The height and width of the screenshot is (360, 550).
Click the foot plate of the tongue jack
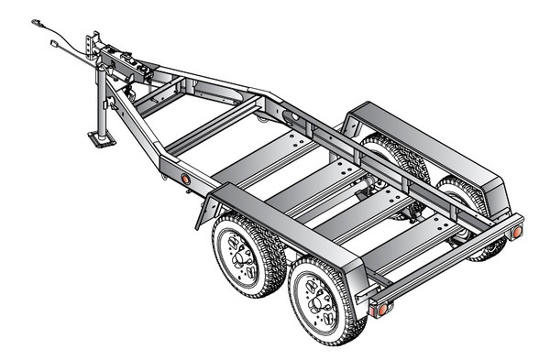coord(99,139)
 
